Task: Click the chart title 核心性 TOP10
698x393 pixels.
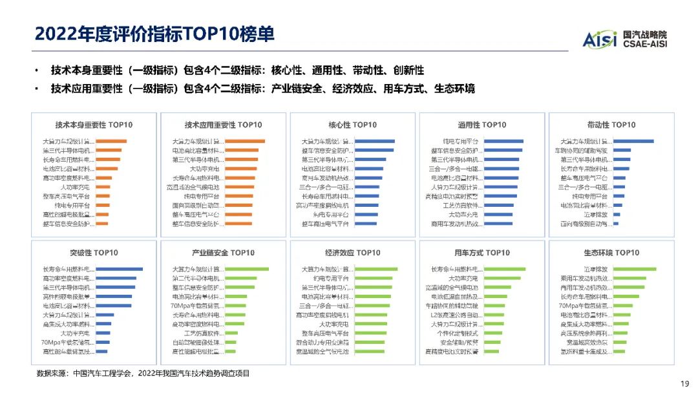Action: click(x=352, y=125)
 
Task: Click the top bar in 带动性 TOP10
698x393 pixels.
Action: click(x=633, y=141)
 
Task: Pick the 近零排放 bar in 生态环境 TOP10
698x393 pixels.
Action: click(x=635, y=269)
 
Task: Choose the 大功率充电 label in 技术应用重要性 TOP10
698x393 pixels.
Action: click(x=206, y=169)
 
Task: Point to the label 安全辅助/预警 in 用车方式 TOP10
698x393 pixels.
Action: click(x=460, y=343)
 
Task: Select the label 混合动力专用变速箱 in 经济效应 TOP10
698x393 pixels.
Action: click(x=323, y=343)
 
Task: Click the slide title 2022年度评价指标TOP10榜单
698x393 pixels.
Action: click(x=154, y=33)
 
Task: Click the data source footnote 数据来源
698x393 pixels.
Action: click(x=143, y=374)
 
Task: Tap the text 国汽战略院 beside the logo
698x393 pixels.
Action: click(x=645, y=34)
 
